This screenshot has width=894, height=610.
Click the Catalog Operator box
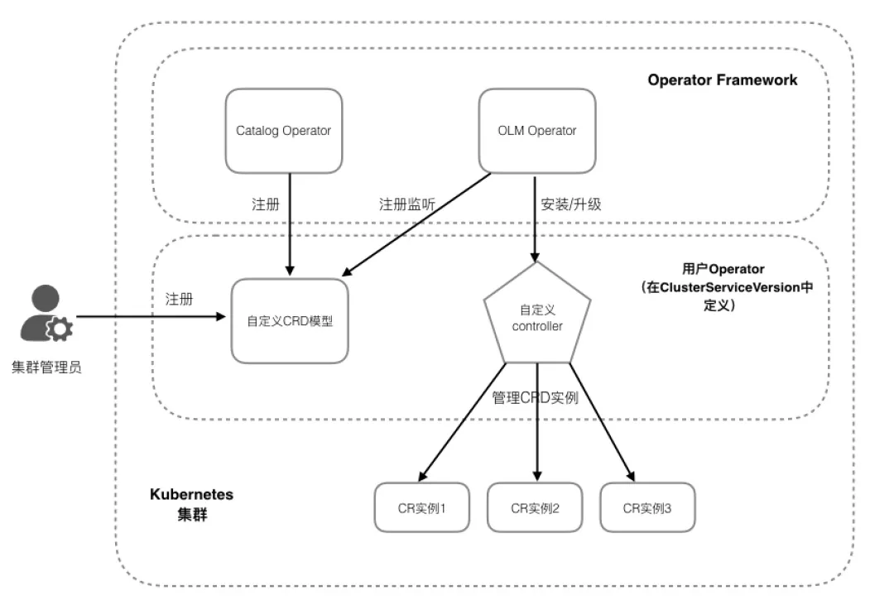(283, 131)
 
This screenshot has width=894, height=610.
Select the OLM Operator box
(537, 131)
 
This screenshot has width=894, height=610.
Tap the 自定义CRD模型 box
(290, 321)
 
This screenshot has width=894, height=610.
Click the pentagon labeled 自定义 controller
(537, 318)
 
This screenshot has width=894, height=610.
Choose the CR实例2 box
(535, 507)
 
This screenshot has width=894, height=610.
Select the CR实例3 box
(647, 507)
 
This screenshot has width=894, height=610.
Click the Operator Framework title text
(723, 80)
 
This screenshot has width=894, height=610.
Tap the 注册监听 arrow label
(407, 204)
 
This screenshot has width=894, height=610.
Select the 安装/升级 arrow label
(570, 204)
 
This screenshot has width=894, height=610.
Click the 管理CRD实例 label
(535, 397)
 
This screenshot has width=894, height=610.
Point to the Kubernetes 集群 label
(191, 503)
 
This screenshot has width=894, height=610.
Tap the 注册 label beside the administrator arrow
(180, 299)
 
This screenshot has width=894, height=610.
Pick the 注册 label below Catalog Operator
(265, 204)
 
